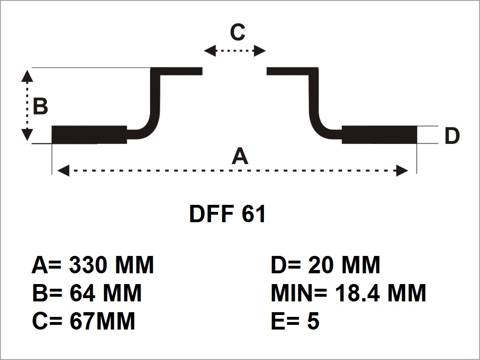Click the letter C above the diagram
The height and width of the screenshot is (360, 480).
click(x=238, y=33)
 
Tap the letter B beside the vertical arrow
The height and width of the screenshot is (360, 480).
click(x=41, y=106)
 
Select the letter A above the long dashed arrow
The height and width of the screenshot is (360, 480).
click(x=240, y=156)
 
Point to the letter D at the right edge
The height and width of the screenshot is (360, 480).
click(x=452, y=136)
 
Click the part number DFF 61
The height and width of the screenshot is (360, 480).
click(x=227, y=214)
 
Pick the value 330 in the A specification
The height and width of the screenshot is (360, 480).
click(x=88, y=265)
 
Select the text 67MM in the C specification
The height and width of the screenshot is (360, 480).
click(x=102, y=322)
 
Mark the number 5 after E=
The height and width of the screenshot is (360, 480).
click(x=313, y=322)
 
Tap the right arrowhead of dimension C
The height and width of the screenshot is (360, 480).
click(x=260, y=51)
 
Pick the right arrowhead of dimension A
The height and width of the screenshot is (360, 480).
click(x=402, y=171)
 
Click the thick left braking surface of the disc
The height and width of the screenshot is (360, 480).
click(x=89, y=135)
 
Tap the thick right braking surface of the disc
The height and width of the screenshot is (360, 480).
click(x=380, y=135)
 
